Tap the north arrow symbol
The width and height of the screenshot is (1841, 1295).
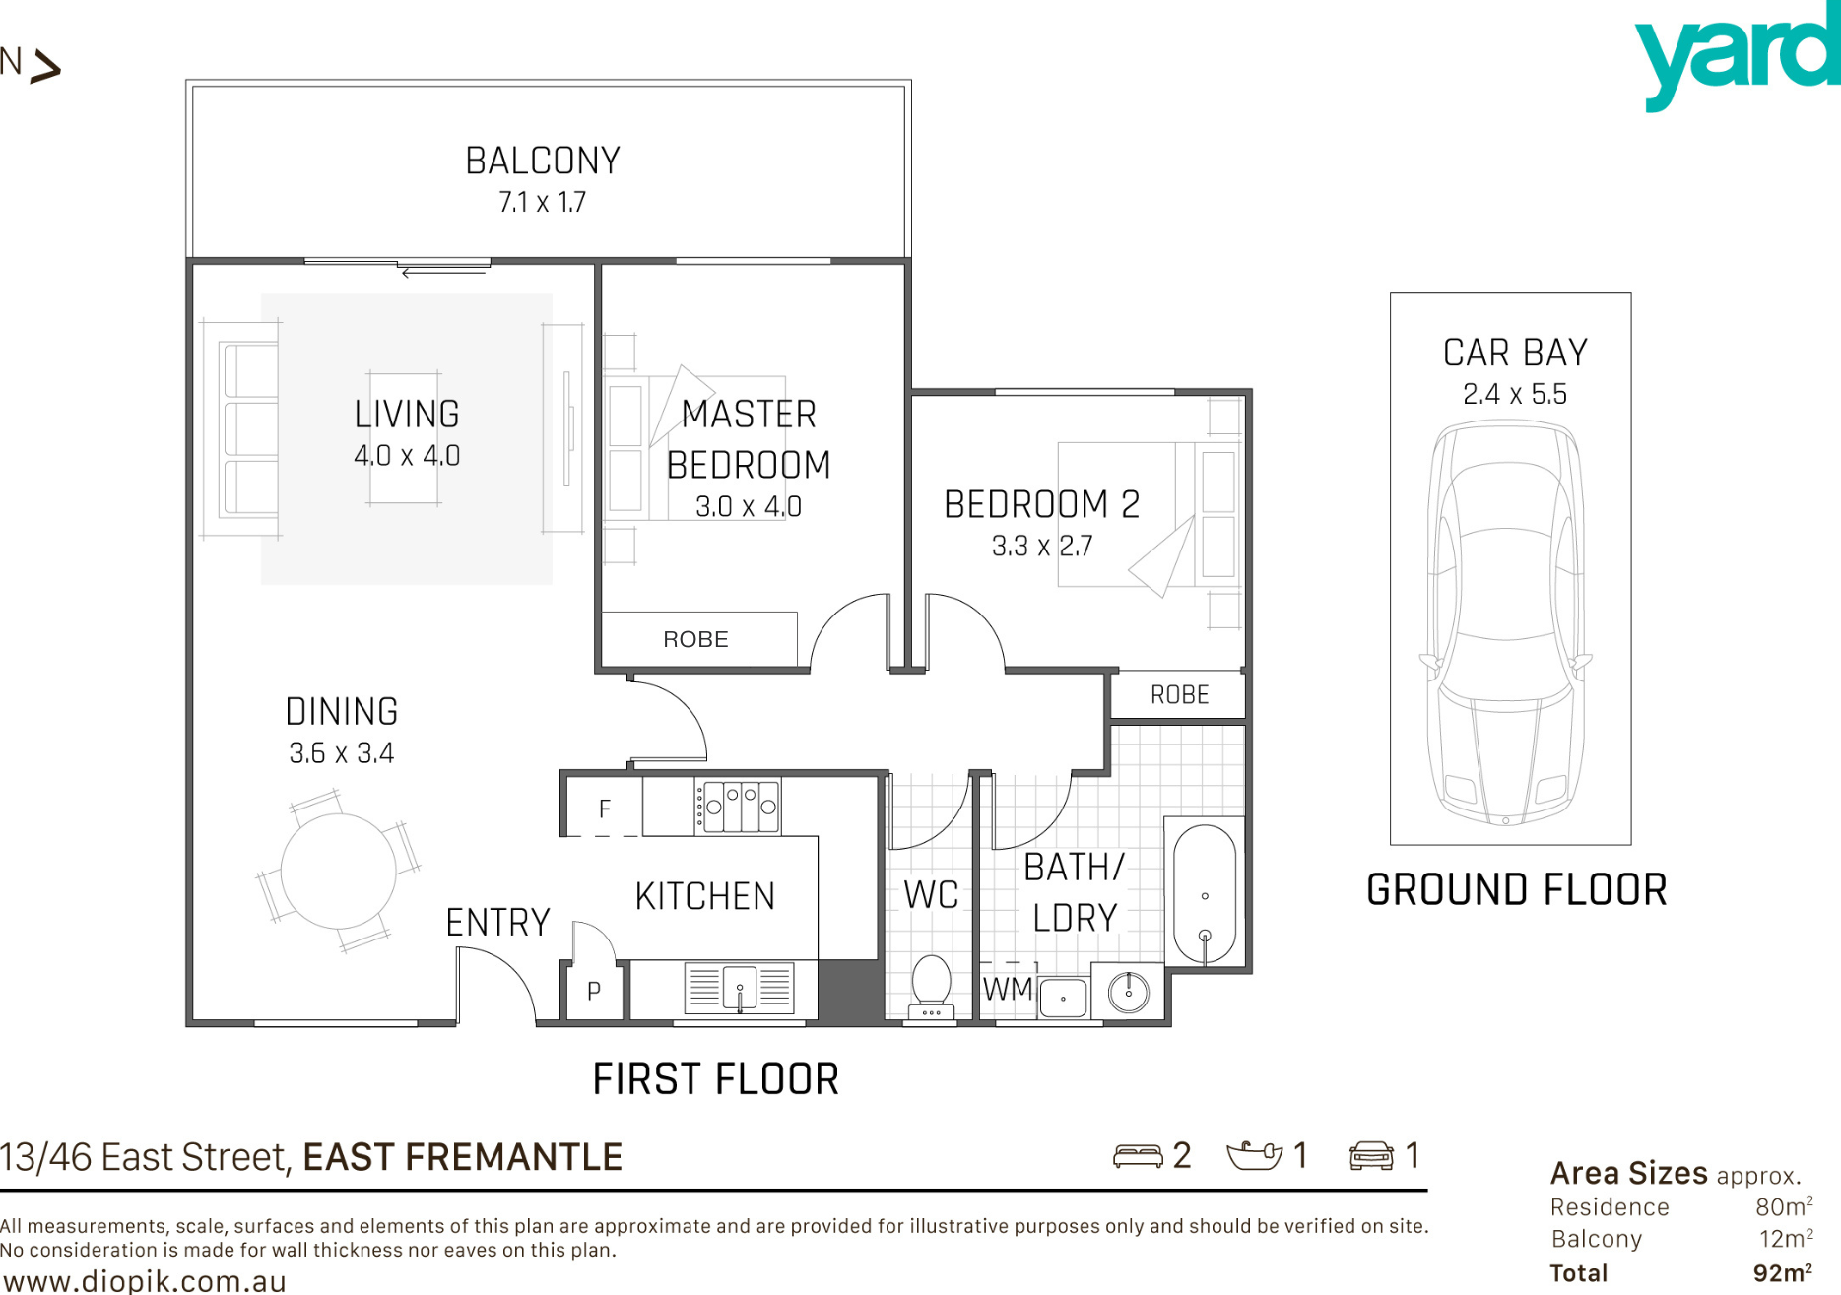45,67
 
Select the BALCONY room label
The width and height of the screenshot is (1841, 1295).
543,161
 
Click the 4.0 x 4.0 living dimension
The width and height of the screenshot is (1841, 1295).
407,456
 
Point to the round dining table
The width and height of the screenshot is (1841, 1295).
339,871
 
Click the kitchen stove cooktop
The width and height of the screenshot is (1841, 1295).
738,807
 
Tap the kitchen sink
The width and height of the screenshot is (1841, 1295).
739,988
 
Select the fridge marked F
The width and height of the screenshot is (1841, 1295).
603,808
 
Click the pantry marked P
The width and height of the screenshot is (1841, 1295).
594,991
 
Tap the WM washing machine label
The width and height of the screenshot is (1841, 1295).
1008,989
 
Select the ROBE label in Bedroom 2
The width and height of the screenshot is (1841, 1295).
1179,695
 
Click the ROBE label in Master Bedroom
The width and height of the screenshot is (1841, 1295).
696,639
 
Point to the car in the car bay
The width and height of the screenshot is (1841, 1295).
1505,623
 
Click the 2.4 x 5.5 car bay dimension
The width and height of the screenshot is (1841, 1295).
1515,394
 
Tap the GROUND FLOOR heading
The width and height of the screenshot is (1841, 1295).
1516,890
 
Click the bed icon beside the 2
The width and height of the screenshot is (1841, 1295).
1138,1155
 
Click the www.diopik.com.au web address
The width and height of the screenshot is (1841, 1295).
146,1281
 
